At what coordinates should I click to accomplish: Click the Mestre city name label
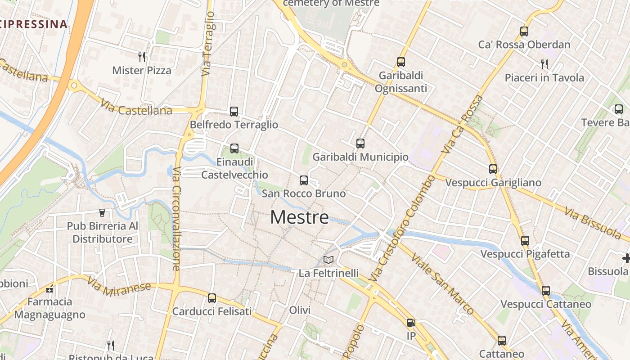coord(300,218)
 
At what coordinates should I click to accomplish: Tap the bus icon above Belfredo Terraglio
coord(234,111)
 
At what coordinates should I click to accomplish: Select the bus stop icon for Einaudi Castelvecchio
coord(234,148)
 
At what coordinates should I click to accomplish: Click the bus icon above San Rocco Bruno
coord(304,180)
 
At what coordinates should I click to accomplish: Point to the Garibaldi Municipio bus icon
coord(360,144)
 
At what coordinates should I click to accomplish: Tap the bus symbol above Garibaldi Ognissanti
coord(401,62)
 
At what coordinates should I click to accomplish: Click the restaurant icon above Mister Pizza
coord(142,57)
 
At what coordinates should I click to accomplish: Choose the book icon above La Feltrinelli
coord(328,260)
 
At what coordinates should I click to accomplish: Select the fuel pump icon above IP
coord(411,323)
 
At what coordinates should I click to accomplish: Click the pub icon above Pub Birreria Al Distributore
coord(102,212)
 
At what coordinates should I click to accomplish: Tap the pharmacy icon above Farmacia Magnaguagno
coord(49,288)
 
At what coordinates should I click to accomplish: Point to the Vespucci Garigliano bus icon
coord(493,169)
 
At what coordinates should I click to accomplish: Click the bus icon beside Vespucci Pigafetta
coord(525,240)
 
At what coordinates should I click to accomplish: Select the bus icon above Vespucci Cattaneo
coord(546,291)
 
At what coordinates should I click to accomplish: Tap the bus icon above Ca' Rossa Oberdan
coord(524,31)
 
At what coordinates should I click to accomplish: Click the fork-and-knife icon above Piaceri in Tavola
coord(544,64)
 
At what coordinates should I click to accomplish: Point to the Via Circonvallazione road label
coord(176,219)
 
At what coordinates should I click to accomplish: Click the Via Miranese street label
coord(120,286)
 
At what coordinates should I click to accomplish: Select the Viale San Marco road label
coord(443,283)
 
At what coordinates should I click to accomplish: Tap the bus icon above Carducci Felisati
coord(212,298)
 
